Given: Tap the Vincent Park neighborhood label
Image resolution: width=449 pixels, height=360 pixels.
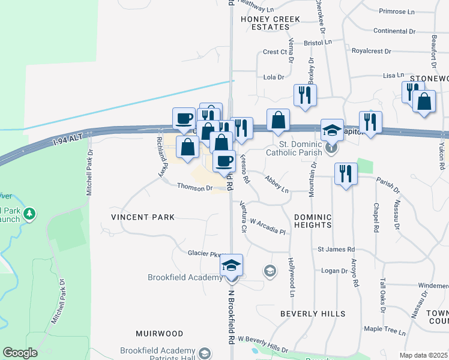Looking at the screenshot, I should [x=142, y=217].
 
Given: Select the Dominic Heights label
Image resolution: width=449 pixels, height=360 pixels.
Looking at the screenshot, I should [x=313, y=221].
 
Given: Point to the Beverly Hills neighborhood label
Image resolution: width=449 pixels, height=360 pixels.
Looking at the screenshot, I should [x=313, y=314].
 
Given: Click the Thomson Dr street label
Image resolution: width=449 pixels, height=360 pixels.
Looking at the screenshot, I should [x=195, y=188].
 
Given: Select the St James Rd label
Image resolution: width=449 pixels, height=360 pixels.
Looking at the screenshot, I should [x=336, y=249].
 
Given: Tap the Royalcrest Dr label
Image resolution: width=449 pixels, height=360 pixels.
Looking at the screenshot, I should [x=375, y=51].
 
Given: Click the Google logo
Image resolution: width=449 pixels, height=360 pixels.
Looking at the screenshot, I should [x=20, y=353].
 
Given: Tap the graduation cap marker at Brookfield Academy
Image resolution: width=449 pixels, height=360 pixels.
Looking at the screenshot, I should [x=231, y=266].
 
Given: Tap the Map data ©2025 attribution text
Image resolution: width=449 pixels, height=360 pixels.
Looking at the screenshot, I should [x=423, y=355].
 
